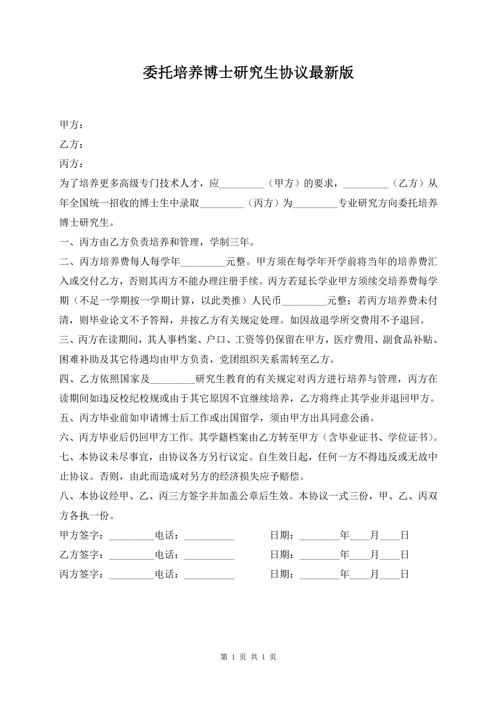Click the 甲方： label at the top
click(x=71, y=125)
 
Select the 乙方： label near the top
click(x=71, y=145)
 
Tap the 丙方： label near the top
click(x=71, y=164)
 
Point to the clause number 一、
click(x=69, y=242)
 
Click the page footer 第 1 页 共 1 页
click(x=248, y=657)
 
